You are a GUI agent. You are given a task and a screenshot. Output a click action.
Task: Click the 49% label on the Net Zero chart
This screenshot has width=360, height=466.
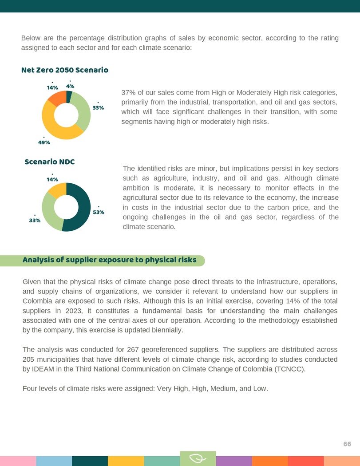click(44, 142)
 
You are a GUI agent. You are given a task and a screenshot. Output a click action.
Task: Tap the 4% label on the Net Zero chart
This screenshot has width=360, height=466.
click(70, 86)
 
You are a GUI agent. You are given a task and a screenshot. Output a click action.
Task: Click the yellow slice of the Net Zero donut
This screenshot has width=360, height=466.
click(55, 129)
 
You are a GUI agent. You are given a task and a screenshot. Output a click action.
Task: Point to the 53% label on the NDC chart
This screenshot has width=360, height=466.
click(99, 212)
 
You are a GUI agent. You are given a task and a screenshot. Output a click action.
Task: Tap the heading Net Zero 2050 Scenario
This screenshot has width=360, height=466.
click(65, 70)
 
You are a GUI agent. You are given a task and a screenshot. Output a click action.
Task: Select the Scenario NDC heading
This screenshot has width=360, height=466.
click(49, 162)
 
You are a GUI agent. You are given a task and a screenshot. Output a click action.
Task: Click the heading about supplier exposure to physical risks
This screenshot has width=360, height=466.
click(109, 260)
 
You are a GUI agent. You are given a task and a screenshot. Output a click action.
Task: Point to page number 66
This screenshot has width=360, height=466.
click(347, 444)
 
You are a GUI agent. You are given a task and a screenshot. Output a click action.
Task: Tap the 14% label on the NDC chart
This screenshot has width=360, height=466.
click(52, 179)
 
